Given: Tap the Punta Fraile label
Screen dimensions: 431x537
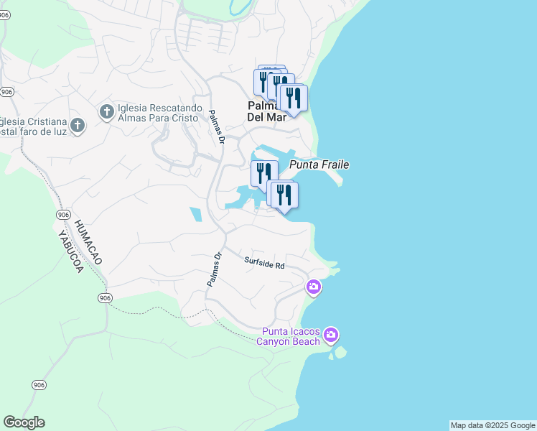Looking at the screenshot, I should click(x=319, y=165).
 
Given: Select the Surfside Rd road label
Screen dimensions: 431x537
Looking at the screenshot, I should click(x=264, y=264).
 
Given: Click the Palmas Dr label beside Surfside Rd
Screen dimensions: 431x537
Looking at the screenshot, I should click(x=214, y=269).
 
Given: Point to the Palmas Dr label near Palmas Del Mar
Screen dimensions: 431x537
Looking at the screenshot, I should click(x=218, y=126).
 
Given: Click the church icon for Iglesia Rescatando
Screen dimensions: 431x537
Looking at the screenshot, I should click(x=106, y=111).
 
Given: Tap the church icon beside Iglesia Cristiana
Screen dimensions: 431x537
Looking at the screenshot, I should click(x=78, y=126).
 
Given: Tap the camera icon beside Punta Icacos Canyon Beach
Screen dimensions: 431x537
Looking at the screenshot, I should click(x=331, y=335).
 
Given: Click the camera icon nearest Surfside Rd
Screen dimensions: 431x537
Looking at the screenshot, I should click(x=313, y=287).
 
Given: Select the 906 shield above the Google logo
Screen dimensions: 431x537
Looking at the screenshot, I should click(x=39, y=385).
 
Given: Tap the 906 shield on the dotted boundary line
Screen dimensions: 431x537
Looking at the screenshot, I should click(x=106, y=297).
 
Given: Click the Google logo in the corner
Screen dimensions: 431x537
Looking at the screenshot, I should click(x=24, y=422).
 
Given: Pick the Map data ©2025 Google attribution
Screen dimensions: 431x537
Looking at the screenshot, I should click(x=492, y=425).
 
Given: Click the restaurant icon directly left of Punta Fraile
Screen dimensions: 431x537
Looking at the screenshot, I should click(x=263, y=172).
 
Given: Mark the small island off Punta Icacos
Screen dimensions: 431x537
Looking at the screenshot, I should click(x=340, y=352).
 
